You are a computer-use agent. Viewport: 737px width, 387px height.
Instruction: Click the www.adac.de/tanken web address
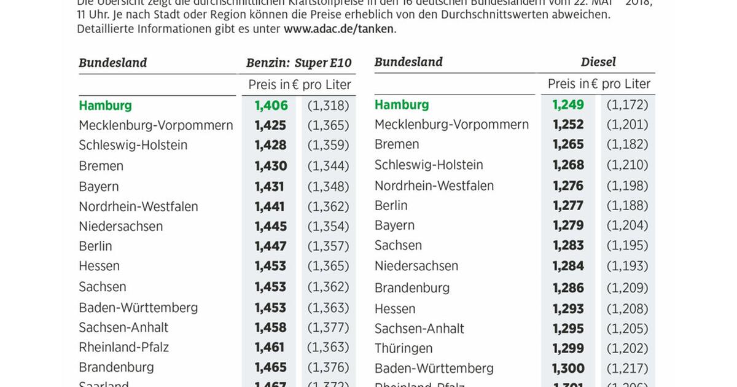339,29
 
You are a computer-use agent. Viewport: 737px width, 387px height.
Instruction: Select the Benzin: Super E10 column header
298,63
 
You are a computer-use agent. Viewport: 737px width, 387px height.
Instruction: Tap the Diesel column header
598,62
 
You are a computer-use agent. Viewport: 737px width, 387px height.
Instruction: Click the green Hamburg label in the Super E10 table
105,105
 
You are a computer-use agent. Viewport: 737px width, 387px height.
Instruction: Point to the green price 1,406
270,105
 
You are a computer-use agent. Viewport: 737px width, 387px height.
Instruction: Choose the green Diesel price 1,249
568,104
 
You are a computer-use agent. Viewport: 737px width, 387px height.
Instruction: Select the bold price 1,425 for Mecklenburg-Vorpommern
270,125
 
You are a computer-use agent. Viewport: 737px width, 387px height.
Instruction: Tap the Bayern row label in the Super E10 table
99,186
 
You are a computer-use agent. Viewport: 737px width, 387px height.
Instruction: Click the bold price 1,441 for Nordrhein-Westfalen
270,206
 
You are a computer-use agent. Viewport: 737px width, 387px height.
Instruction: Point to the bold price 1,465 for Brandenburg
270,367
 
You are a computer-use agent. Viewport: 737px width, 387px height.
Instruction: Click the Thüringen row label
404,348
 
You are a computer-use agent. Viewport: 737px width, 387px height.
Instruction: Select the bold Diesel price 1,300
568,368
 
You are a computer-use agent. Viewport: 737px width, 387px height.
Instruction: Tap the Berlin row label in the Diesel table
391,205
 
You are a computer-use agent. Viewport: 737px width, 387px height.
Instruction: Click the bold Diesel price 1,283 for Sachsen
568,245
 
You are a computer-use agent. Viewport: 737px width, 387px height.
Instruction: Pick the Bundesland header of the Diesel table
408,62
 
